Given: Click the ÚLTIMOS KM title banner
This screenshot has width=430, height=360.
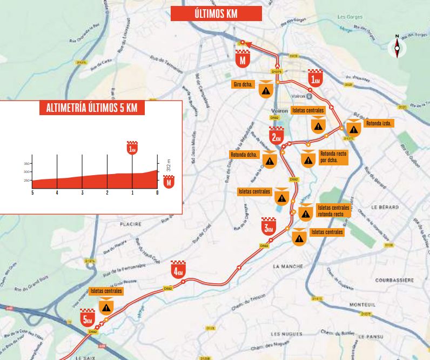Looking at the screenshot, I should pos(216,14).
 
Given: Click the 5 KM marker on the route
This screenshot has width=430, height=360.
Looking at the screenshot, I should pos(88,318).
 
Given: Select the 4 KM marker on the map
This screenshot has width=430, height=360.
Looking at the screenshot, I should pos(178,270).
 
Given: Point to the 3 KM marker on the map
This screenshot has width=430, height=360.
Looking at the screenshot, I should pos(268,226).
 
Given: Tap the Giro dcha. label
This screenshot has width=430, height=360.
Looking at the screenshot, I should pos(244,84).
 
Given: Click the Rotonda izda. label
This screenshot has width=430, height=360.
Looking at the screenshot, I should pos(380,123).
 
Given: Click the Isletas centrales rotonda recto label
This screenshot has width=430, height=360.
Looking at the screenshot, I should pos(333,210).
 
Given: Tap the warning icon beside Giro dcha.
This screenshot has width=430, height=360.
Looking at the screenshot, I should pos(265,90).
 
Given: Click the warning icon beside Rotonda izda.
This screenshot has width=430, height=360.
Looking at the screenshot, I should pos(353,129).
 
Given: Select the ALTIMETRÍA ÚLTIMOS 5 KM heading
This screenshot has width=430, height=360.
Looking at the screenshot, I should pos(92,108).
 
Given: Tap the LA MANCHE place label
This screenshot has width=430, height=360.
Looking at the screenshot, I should pos(288,266).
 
